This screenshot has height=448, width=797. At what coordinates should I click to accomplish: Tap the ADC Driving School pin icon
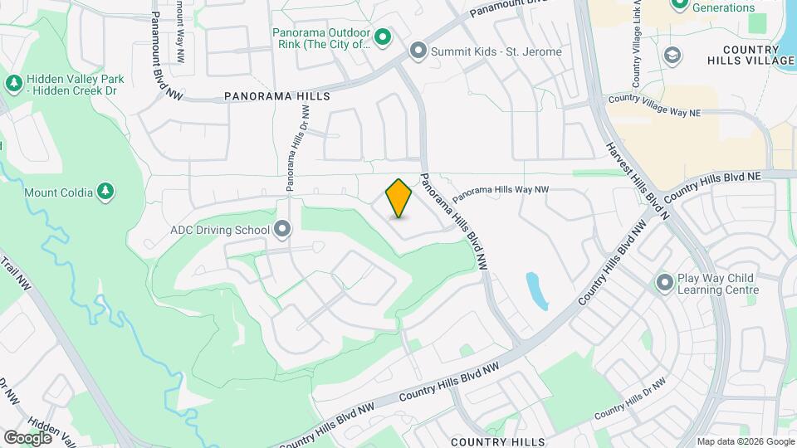[x=283, y=229]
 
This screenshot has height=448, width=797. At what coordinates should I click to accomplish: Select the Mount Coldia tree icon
[x=105, y=192]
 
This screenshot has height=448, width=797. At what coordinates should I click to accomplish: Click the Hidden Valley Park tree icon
[x=13, y=83]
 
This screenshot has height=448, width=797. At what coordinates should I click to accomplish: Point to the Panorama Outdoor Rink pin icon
[x=383, y=37]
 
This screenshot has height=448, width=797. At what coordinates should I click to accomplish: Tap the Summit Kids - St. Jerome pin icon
[x=418, y=51]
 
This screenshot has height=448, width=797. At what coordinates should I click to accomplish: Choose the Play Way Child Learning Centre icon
[x=664, y=283]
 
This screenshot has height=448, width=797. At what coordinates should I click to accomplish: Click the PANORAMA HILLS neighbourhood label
[x=277, y=96]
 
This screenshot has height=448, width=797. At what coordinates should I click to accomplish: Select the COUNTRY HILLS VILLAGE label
[x=751, y=55]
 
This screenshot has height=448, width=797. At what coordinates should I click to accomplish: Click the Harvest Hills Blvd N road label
[x=637, y=180]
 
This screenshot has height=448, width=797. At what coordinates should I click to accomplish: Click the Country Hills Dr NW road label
[x=633, y=397]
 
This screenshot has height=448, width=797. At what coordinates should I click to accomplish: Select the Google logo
[x=27, y=437]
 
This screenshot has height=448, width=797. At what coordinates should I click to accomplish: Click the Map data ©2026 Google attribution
[x=745, y=441]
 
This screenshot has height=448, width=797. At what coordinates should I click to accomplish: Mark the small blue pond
[x=537, y=291]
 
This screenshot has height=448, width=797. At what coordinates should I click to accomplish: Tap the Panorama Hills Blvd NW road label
[x=452, y=222]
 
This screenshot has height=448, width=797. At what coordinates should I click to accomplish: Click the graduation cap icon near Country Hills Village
[x=672, y=56]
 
